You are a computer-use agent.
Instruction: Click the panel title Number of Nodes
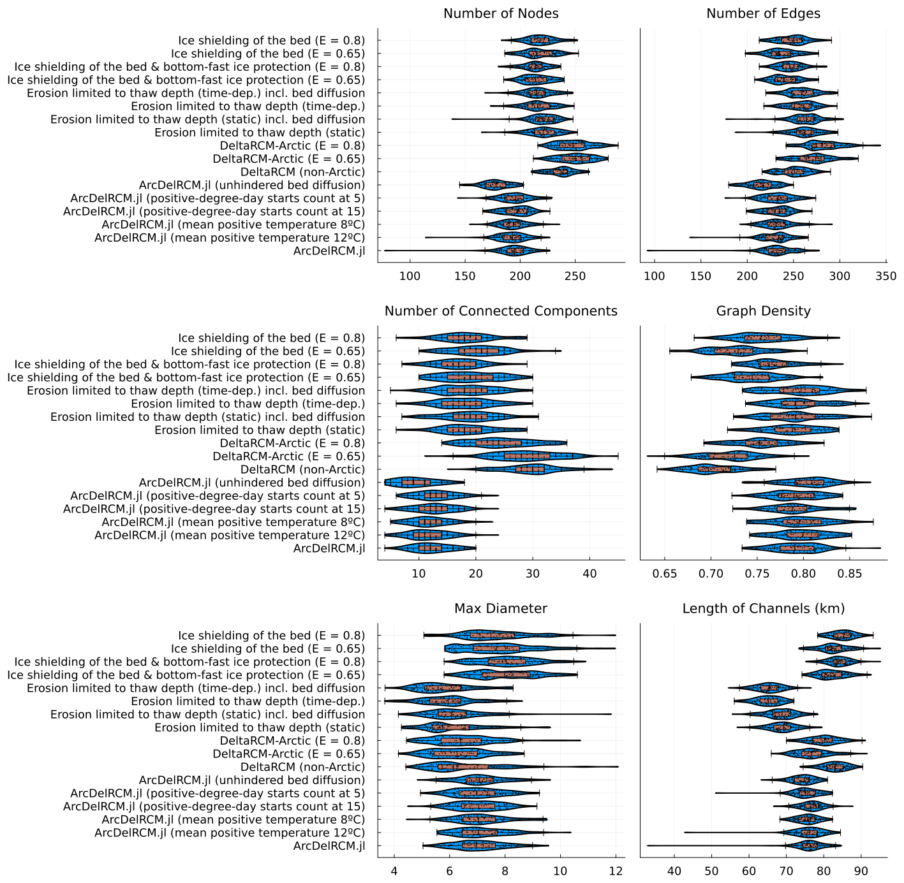[501, 13]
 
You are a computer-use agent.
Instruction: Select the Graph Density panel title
[763, 311]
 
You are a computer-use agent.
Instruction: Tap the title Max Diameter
[501, 608]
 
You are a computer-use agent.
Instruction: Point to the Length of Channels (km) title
[763, 608]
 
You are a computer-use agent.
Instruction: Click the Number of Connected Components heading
[501, 311]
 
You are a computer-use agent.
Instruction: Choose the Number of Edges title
[763, 13]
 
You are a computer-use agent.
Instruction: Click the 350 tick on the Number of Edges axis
[886, 276]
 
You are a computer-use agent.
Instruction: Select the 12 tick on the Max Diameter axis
[616, 871]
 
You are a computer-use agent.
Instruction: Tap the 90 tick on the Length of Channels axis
[861, 871]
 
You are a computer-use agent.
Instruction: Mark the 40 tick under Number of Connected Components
[590, 574]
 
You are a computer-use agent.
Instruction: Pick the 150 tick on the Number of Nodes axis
[465, 276]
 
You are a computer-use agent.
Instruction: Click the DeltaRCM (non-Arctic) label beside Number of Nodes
[302, 172]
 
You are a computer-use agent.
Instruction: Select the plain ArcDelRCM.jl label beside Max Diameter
[329, 846]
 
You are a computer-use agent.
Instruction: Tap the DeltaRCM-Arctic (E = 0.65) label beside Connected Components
[288, 456]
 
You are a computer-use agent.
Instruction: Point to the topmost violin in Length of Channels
[843, 635]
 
